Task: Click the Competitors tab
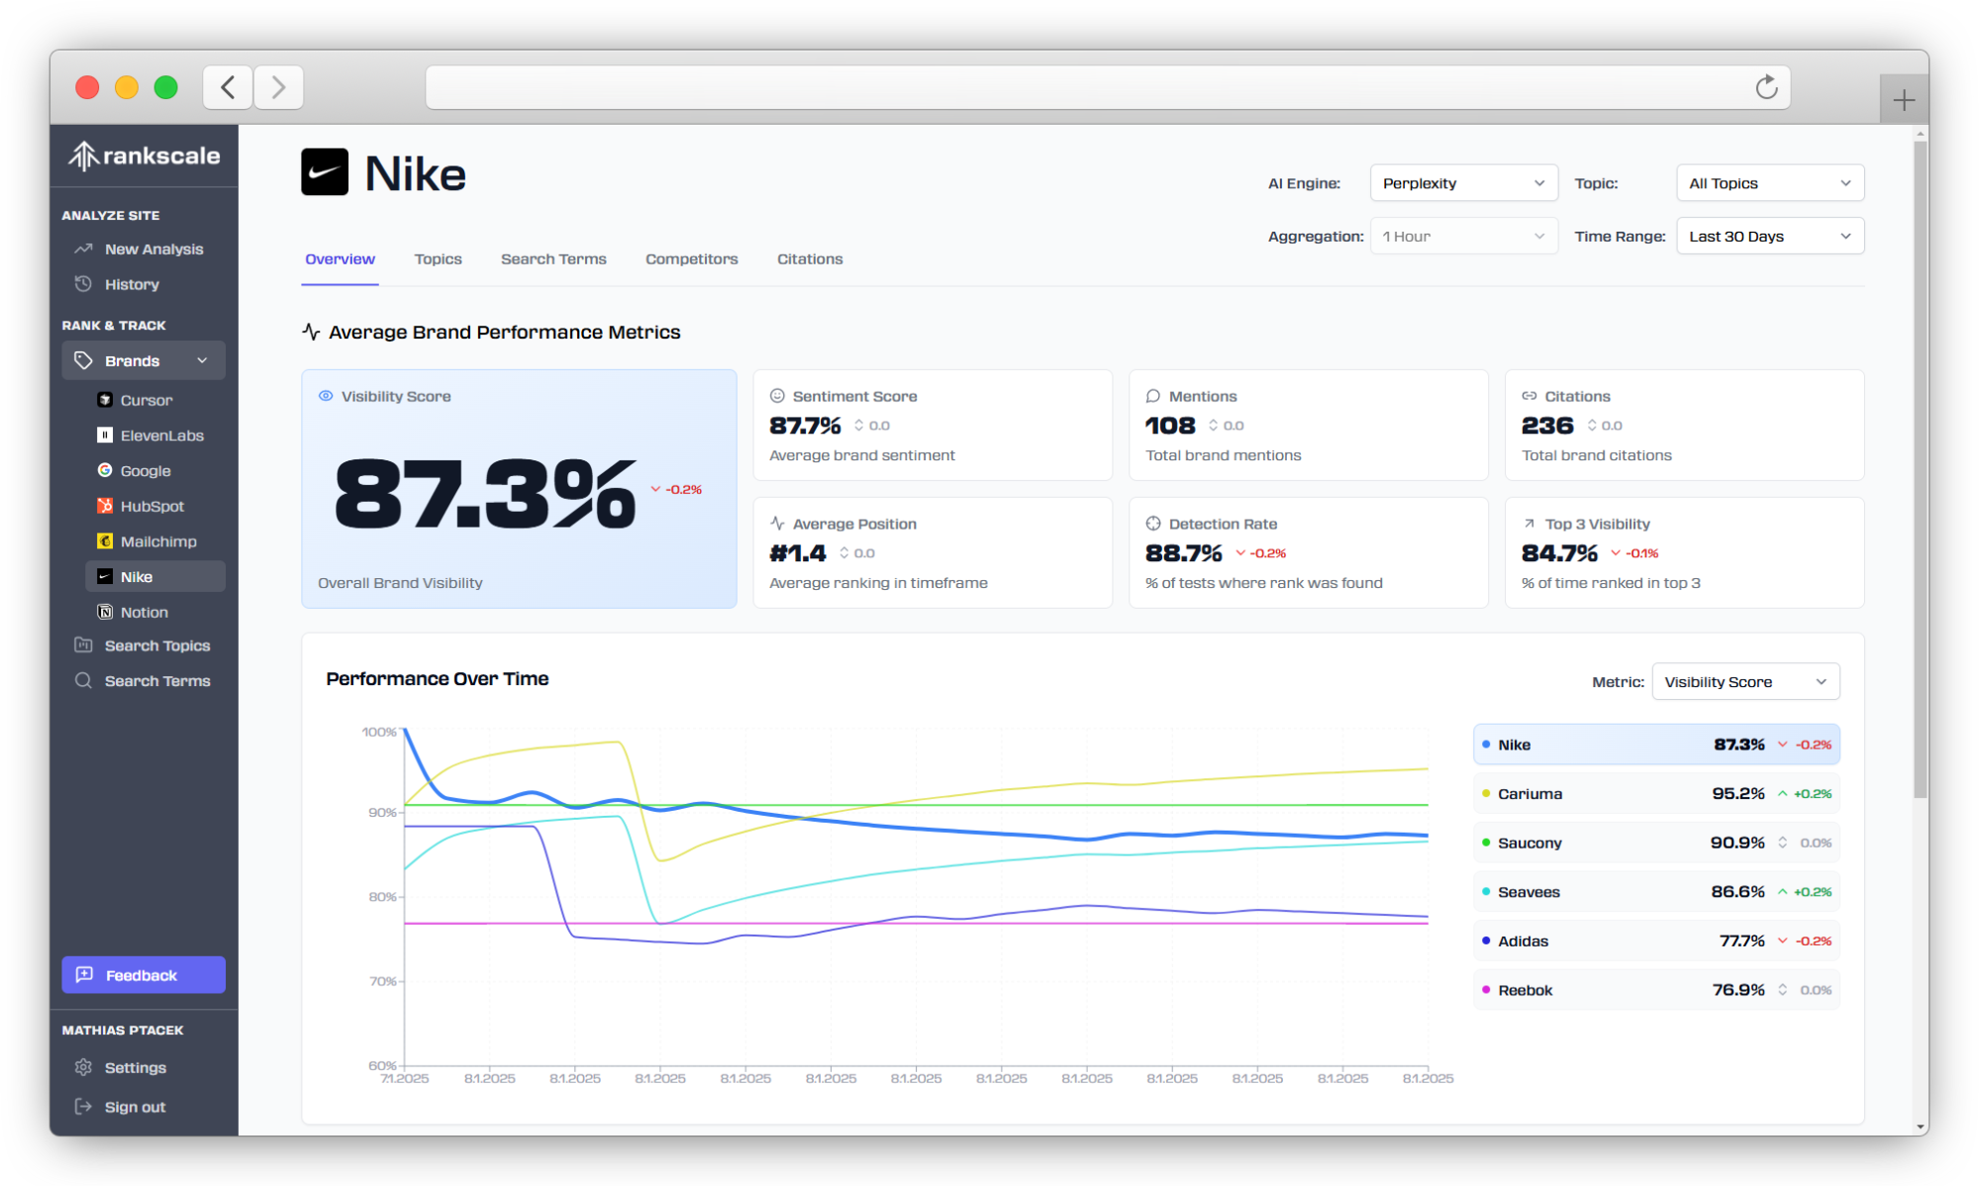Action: [691, 259]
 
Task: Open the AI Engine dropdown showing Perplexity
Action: [1462, 183]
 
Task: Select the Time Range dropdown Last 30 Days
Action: [1769, 237]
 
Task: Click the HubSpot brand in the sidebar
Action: [151, 506]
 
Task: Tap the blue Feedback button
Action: [144, 975]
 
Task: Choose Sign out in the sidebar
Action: [135, 1107]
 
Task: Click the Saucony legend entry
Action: [1529, 842]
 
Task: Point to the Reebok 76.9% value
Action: [1737, 990]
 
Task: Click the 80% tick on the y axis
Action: [383, 897]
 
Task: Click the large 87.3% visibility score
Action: [485, 494]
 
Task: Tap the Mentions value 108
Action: [1170, 426]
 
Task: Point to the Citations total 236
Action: [1546, 426]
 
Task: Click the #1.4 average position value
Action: [797, 553]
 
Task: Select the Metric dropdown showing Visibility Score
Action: [1744, 682]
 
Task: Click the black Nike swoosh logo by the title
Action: [325, 172]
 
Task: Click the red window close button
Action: [87, 87]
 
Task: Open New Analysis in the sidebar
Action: [153, 249]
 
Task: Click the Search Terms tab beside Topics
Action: [553, 259]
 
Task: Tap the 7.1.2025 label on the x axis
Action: [405, 1078]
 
